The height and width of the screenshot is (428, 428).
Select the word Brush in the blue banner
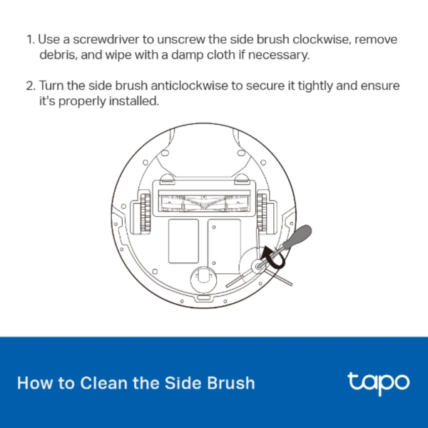click(228, 383)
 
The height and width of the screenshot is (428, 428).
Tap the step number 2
click(29, 86)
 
